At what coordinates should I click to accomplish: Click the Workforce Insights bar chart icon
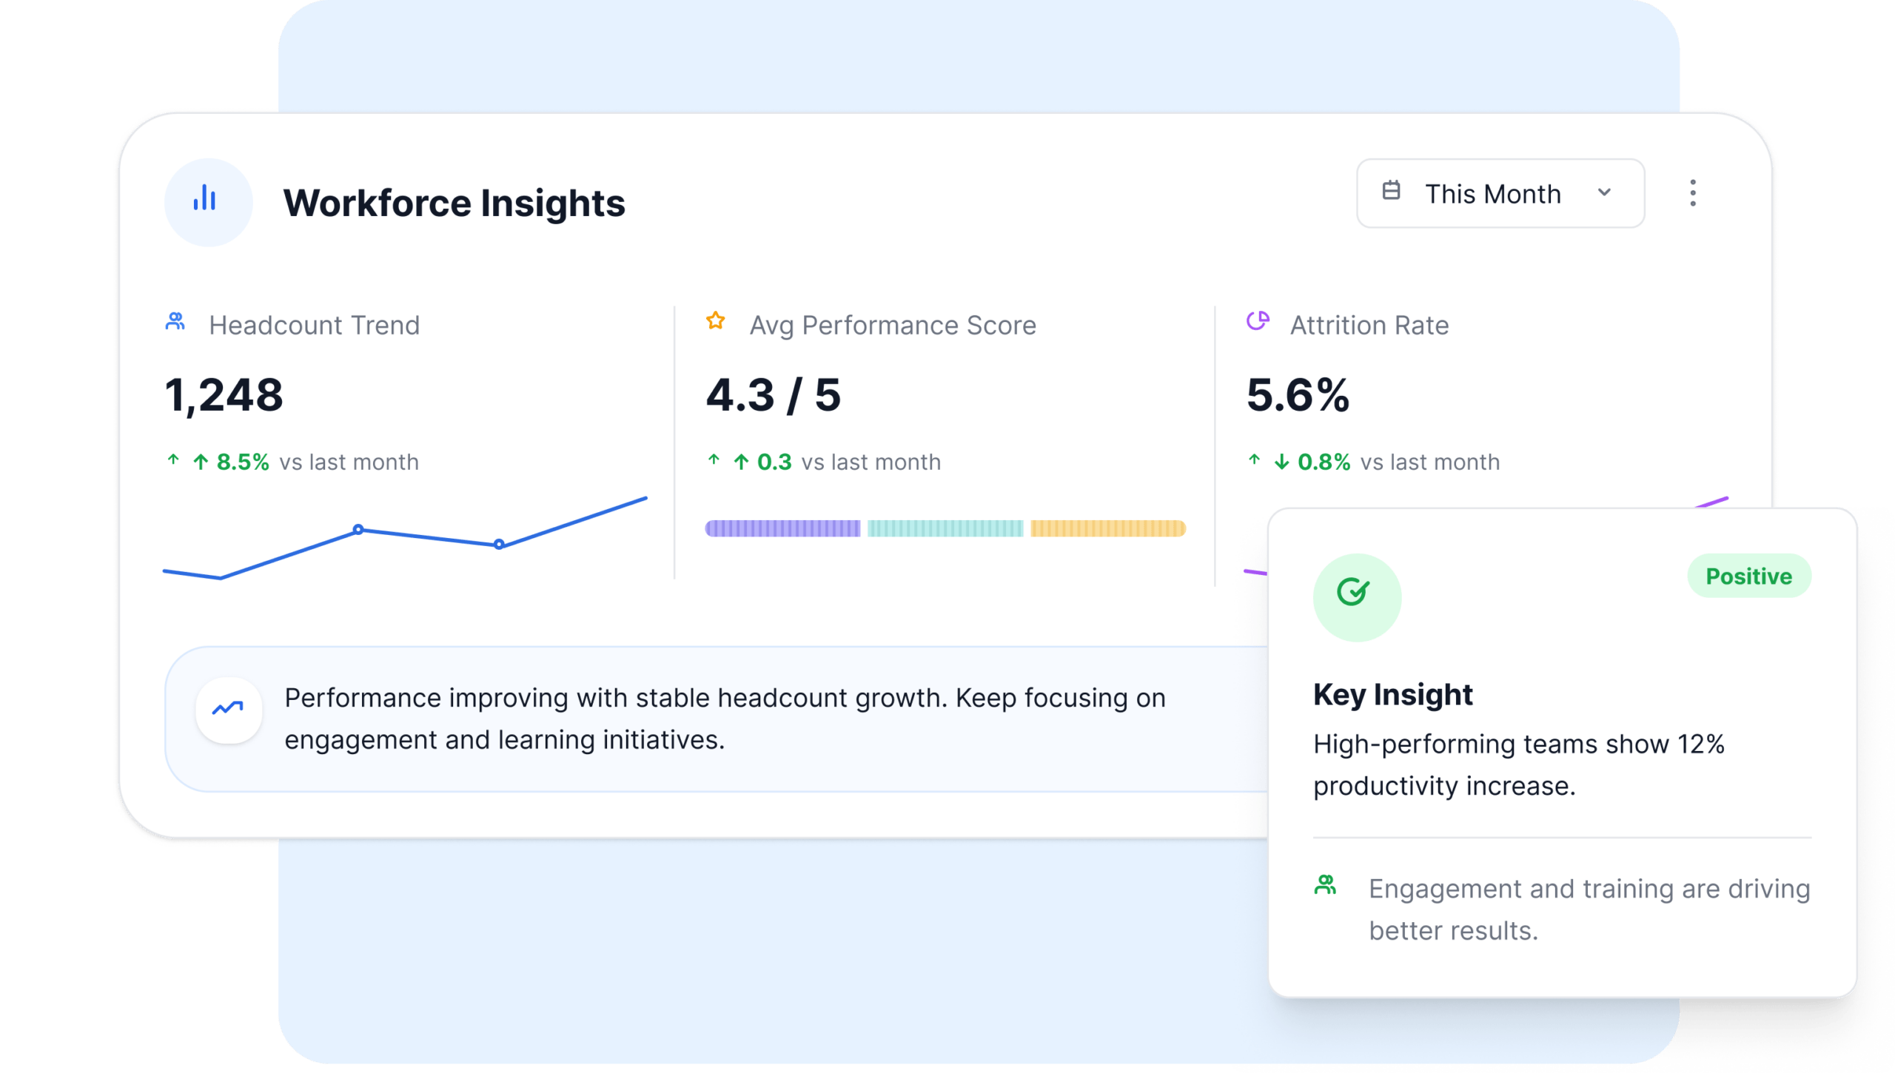(x=205, y=198)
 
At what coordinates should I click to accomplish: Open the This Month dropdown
(x=1500, y=193)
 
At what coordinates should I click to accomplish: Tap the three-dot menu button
(x=1692, y=193)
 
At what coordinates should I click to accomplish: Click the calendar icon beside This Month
(x=1391, y=191)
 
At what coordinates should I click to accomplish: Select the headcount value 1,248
(x=224, y=395)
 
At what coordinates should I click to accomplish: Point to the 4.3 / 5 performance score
(x=773, y=395)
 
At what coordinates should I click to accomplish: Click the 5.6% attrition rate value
(x=1298, y=395)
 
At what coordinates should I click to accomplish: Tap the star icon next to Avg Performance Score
(x=715, y=320)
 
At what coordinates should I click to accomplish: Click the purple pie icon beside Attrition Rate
(x=1258, y=321)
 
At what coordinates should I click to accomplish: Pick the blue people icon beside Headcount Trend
(x=175, y=321)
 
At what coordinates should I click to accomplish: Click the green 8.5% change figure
(x=243, y=462)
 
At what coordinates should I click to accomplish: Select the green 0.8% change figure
(x=1324, y=462)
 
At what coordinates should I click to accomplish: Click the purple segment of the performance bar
(x=782, y=528)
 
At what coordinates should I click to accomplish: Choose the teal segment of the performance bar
(x=945, y=528)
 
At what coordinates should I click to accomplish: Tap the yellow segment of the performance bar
(x=1108, y=528)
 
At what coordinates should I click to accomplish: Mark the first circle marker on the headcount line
(x=358, y=530)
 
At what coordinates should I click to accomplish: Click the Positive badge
(x=1748, y=576)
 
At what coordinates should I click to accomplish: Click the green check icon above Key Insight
(x=1352, y=592)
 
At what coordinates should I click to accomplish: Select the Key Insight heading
(x=1392, y=695)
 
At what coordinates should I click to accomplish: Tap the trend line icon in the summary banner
(x=227, y=709)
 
